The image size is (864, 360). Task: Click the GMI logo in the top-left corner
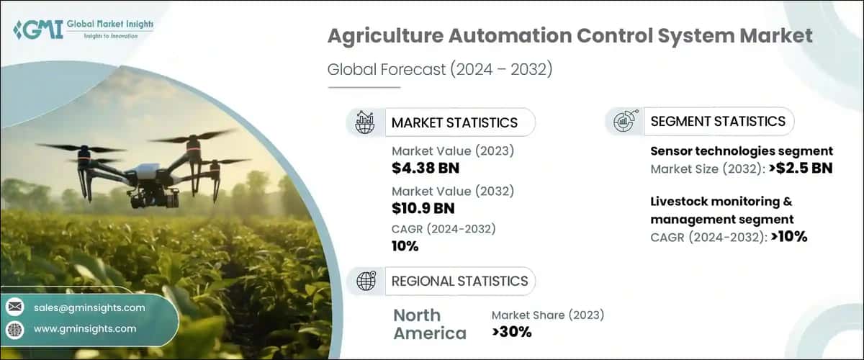83,28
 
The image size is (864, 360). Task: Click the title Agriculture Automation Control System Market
570,36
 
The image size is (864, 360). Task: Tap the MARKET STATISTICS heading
454,122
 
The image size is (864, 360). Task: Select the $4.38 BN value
426,168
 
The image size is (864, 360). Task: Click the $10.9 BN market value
424,208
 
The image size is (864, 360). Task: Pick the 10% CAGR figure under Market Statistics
405,246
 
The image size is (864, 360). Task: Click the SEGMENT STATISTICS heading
717,121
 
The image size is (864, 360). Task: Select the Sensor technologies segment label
742,151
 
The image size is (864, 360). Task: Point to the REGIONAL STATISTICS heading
459,281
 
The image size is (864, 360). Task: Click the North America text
430,324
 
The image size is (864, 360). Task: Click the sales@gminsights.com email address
89,307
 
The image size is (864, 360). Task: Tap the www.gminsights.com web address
84,328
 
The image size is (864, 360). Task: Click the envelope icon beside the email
15,307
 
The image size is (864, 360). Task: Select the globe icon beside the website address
15,329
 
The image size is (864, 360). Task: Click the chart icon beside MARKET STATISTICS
364,122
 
